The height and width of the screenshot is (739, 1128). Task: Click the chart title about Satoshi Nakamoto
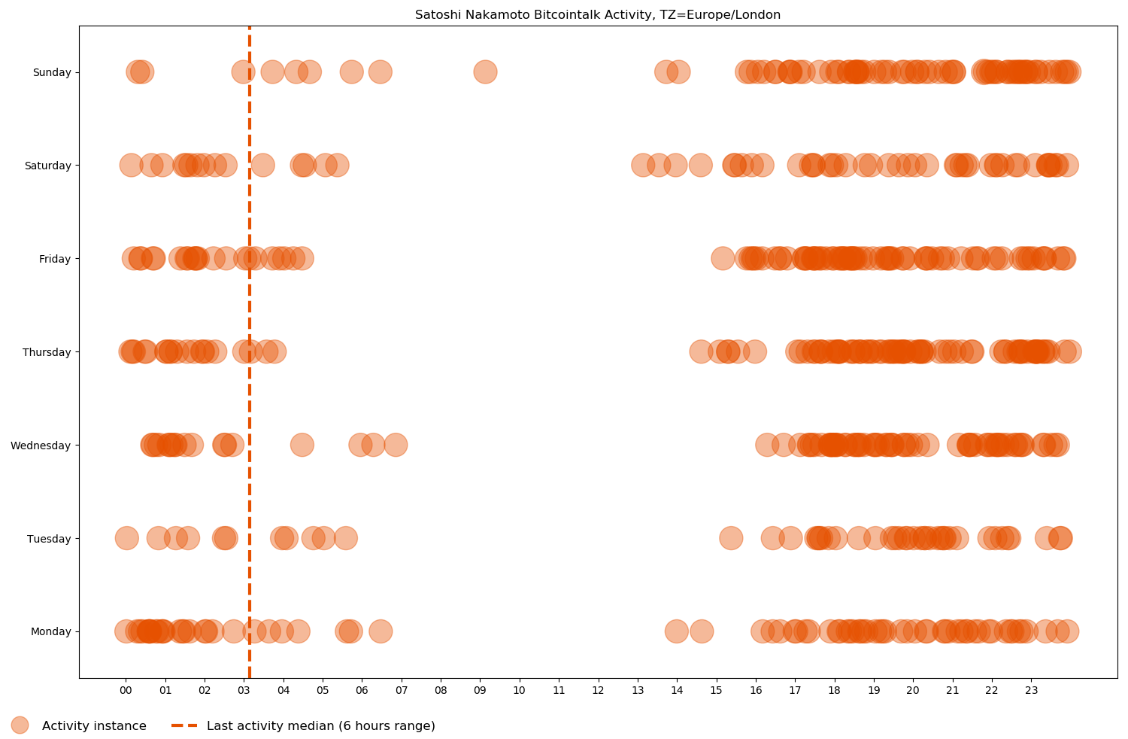tap(598, 15)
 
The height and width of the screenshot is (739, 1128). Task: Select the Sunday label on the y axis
tap(52, 72)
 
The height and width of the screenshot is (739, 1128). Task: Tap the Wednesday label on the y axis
tap(41, 446)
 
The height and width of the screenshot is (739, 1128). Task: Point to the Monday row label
tap(50, 631)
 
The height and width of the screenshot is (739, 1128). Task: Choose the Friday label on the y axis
tap(55, 259)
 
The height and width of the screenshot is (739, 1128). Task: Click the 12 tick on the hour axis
tap(598, 690)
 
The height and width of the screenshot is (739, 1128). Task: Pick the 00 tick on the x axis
tap(126, 690)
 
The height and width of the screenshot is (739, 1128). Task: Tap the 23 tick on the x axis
tap(1031, 690)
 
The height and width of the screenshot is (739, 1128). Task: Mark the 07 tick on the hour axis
tap(401, 690)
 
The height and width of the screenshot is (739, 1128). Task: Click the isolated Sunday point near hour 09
tap(485, 71)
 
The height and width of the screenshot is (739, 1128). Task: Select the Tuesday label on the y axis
tap(49, 539)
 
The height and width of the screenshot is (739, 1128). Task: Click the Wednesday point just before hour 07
tap(396, 445)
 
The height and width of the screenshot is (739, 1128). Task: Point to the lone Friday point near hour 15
tap(723, 258)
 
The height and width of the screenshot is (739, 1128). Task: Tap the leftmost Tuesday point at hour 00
tap(126, 538)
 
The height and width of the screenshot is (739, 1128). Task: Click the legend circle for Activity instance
tap(20, 725)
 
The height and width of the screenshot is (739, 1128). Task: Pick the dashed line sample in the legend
tap(184, 725)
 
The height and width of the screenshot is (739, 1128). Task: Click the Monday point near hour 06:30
tap(381, 631)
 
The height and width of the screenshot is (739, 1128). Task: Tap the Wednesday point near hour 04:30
tap(302, 445)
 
